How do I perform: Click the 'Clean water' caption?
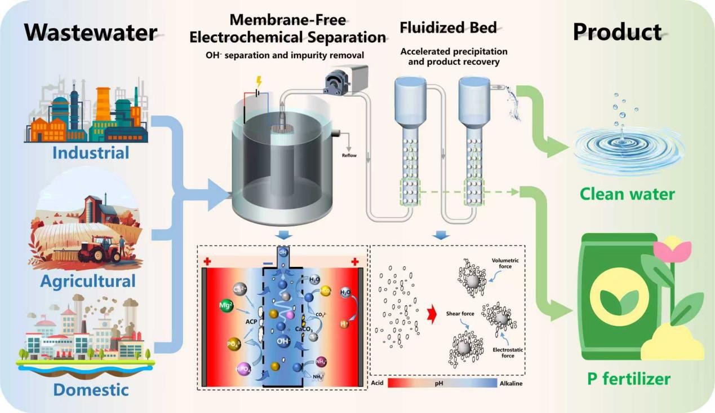coord(628,195)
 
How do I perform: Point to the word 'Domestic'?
coord(91,389)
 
